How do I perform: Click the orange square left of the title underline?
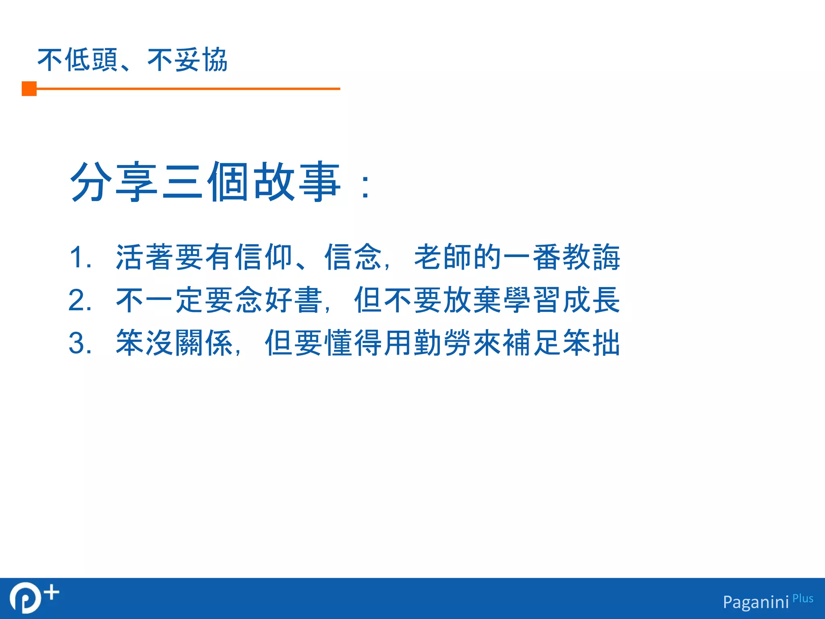click(x=29, y=89)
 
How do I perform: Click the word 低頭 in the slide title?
click(x=91, y=60)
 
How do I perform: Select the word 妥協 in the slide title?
click(x=201, y=60)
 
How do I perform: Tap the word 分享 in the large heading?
click(x=114, y=182)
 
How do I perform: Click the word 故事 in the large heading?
click(x=298, y=182)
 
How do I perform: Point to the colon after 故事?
click(x=365, y=187)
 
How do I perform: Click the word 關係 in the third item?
click(x=204, y=343)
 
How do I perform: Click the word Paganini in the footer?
click(x=756, y=602)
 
